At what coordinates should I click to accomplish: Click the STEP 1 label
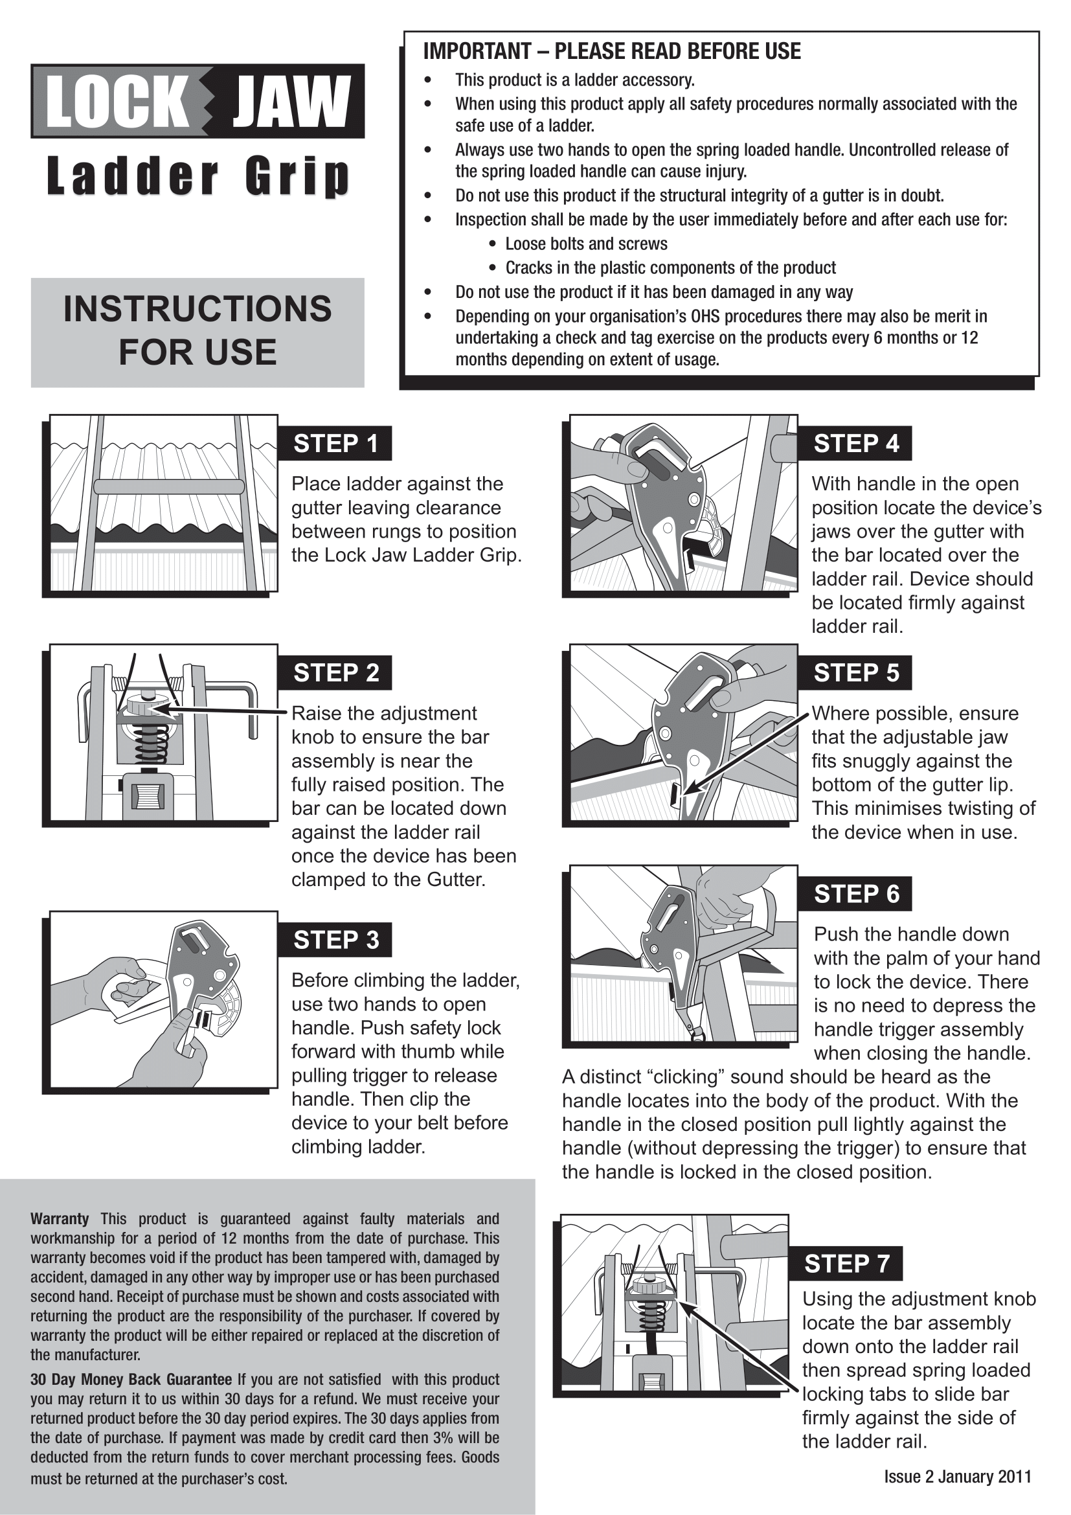coord(335,444)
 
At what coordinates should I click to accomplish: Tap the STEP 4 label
coord(855,444)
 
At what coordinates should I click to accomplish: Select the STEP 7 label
coord(846,1264)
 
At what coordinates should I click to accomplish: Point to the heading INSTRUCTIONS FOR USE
coord(197,330)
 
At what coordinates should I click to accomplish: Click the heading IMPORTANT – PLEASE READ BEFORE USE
coord(611,51)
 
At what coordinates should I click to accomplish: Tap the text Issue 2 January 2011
coord(958,1476)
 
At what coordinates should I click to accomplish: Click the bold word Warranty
coord(60,1219)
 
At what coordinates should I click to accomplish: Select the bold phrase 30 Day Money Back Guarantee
coord(131,1379)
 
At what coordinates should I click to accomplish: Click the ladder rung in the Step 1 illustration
coord(169,487)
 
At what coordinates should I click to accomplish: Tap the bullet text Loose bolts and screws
coord(585,244)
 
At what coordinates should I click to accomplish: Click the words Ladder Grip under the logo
coord(197,177)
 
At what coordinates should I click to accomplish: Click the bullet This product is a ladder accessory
coord(574,80)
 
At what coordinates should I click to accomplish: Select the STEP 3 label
coord(335,940)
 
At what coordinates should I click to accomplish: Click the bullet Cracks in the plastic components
coord(670,268)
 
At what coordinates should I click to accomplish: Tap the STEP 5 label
coord(855,673)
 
